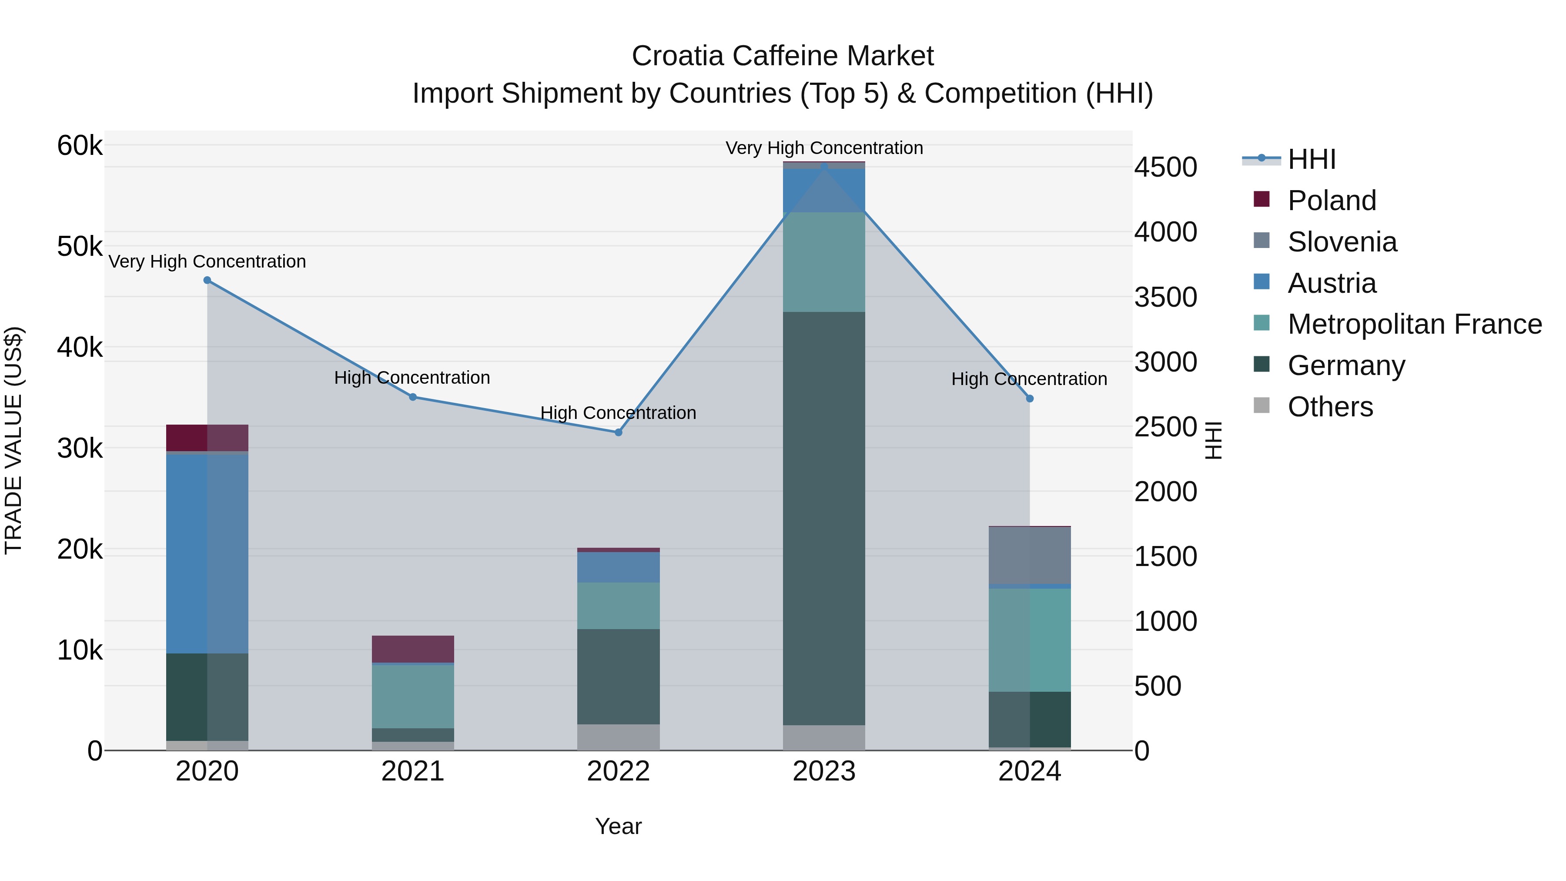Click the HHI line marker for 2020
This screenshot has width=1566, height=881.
tap(207, 280)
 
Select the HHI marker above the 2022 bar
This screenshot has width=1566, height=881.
tap(618, 432)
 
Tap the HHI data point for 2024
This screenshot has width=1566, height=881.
tap(1030, 399)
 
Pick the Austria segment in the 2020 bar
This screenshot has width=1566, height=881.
tap(207, 553)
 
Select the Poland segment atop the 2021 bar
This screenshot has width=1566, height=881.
tap(413, 649)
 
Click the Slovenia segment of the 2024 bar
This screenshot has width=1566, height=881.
tap(1030, 555)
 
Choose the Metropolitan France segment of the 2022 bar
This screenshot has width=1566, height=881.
tap(618, 606)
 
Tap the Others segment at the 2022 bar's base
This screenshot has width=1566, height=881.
tap(618, 737)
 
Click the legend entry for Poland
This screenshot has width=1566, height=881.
tap(1332, 201)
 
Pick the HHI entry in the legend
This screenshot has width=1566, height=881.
tap(1311, 159)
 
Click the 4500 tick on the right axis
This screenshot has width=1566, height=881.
tap(1165, 167)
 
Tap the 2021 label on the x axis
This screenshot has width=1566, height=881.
tap(413, 771)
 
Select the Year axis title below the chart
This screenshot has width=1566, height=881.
tap(618, 826)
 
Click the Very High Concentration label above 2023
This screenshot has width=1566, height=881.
tap(824, 148)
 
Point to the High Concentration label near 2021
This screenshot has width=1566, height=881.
tap(412, 378)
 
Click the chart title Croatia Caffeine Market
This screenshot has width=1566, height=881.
tap(783, 56)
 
